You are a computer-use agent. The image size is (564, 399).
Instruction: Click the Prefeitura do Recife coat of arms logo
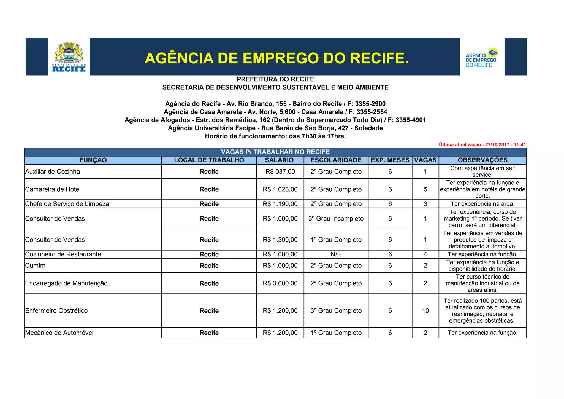69,57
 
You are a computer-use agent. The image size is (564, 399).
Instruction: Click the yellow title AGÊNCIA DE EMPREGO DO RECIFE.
276,58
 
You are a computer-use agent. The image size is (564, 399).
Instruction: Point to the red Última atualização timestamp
482,145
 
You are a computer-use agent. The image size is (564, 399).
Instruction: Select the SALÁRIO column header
279,160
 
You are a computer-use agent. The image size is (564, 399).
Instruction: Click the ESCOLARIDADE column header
336,160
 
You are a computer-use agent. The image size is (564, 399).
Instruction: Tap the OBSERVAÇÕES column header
482,160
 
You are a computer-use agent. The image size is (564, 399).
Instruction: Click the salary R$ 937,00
280,172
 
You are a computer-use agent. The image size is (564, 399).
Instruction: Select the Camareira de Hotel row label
53,189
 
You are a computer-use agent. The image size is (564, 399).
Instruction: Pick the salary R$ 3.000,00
280,283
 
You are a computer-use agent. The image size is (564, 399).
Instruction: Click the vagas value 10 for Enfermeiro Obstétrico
425,311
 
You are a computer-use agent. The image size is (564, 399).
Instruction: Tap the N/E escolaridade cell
336,254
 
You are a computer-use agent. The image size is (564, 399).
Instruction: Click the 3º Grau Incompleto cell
336,219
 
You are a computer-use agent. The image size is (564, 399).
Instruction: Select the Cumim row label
35,266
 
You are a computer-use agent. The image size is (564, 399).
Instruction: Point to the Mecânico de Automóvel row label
59,333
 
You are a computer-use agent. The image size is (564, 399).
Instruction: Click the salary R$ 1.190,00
280,204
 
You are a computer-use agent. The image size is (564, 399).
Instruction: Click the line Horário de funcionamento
275,136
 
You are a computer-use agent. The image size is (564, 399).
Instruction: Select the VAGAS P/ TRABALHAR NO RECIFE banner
275,152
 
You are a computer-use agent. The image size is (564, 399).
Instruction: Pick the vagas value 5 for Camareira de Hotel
425,189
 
